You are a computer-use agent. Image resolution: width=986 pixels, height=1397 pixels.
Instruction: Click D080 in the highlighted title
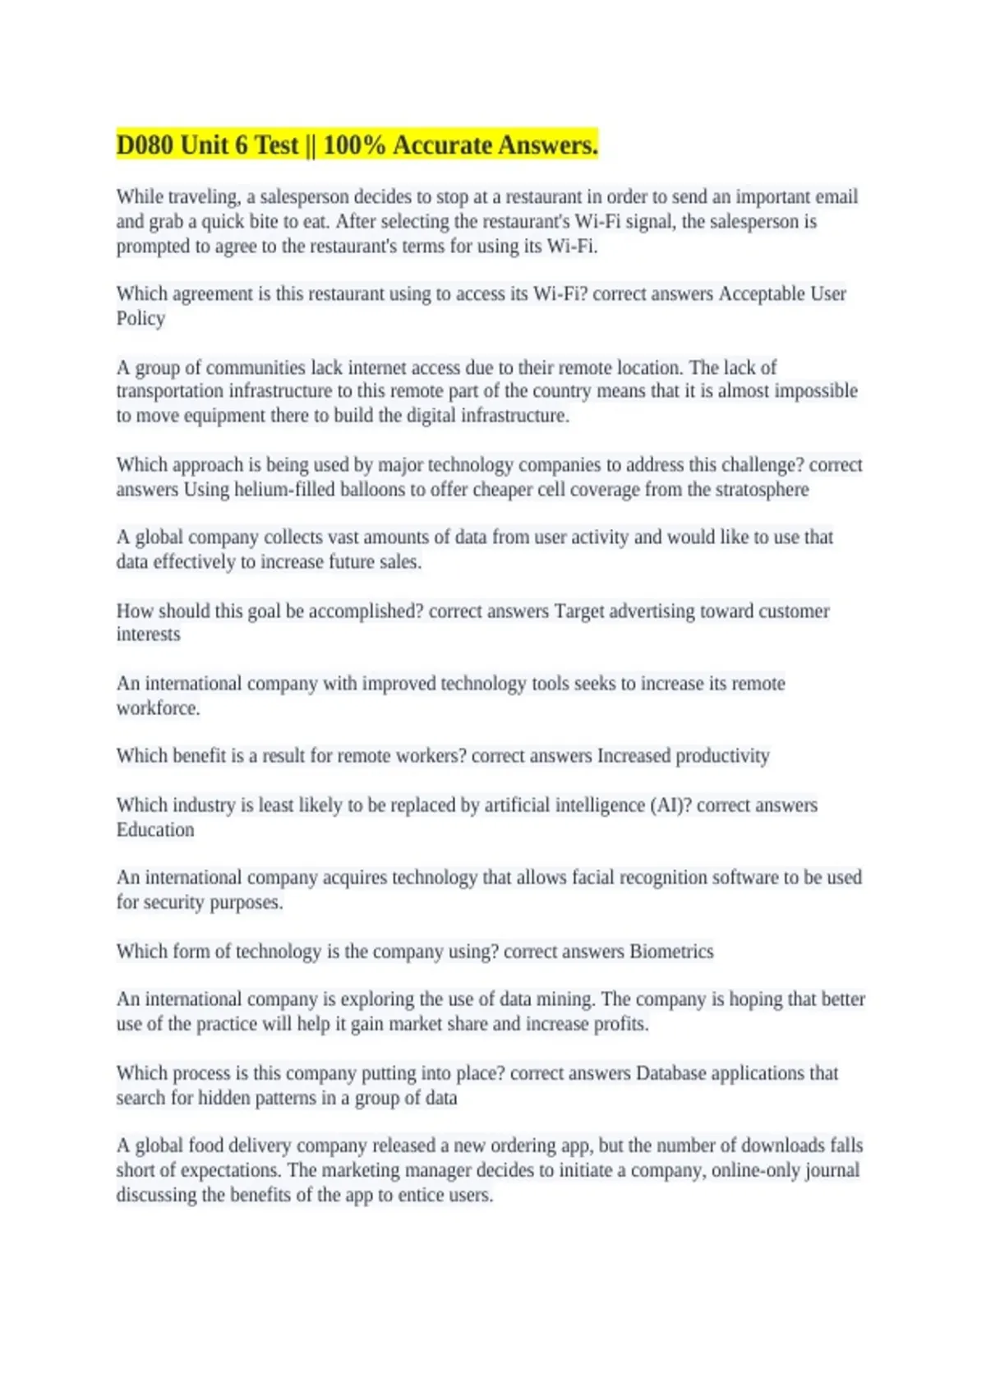(145, 145)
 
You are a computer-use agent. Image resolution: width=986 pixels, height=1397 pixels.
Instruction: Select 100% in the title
(354, 145)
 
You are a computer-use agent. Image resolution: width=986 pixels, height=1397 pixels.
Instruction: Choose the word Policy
(141, 319)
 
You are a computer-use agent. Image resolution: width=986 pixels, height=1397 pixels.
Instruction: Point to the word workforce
(158, 708)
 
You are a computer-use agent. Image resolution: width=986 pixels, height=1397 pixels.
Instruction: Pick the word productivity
(722, 756)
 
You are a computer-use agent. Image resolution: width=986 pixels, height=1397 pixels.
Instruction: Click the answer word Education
(155, 830)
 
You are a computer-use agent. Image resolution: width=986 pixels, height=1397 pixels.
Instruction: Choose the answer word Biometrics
(671, 952)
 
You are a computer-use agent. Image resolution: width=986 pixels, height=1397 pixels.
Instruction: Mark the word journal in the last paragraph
(832, 1170)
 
